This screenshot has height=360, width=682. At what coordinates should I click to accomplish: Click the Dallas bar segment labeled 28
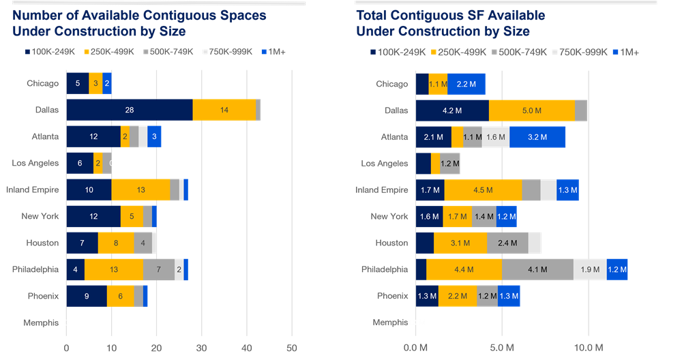click(130, 110)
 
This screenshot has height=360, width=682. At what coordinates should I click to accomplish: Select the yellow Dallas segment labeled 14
click(224, 110)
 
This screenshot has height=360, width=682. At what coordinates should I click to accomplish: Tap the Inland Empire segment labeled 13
click(140, 190)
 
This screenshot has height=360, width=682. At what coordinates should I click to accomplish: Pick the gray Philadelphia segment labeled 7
click(159, 269)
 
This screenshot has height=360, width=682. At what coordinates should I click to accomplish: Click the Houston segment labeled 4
click(143, 243)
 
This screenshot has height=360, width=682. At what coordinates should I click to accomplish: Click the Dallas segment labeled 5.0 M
click(532, 110)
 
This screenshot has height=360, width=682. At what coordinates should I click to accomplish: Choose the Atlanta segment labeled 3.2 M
click(537, 137)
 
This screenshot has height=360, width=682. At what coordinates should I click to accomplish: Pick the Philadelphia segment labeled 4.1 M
click(537, 269)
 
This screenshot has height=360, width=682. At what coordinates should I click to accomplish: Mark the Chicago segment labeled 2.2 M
click(466, 84)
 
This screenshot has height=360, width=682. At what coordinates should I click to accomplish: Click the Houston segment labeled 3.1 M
click(460, 243)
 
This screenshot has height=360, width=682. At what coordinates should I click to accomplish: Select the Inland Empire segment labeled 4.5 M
click(483, 190)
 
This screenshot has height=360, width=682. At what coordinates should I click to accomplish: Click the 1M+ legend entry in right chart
click(626, 52)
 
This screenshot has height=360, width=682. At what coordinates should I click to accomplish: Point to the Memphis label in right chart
click(391, 322)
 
